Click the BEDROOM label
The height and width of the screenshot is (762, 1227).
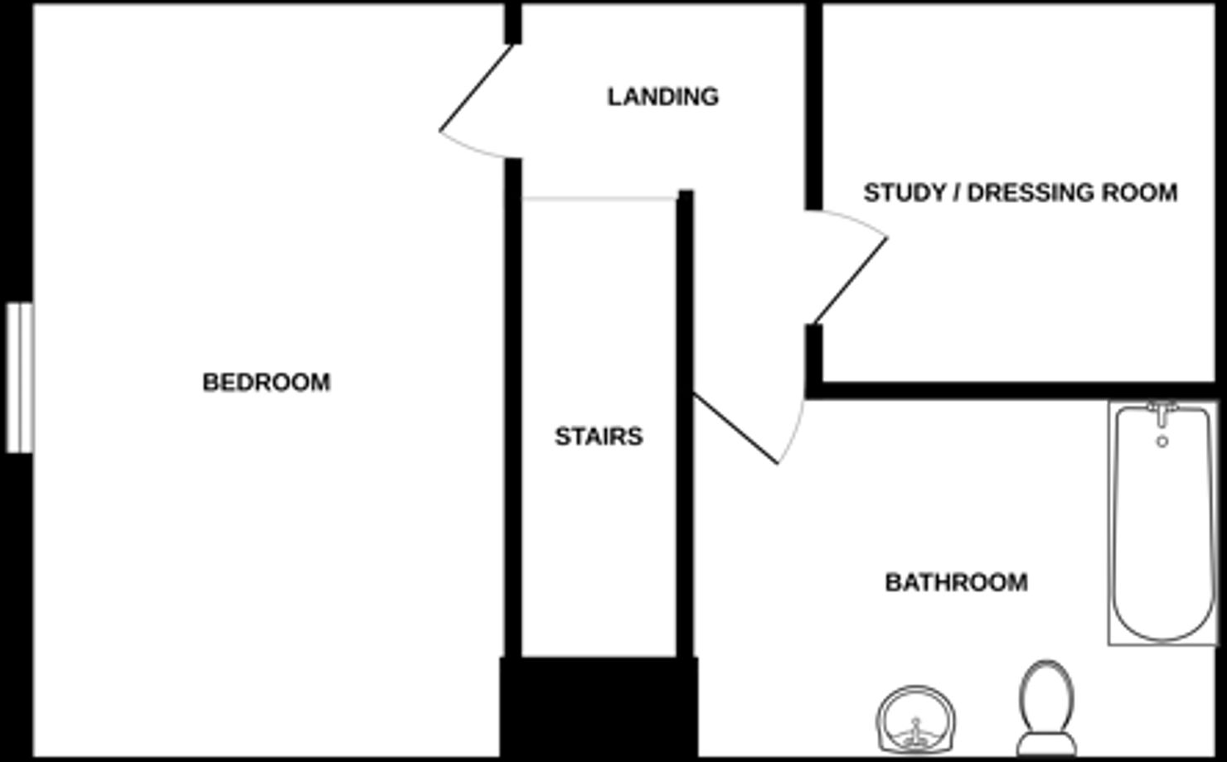266,382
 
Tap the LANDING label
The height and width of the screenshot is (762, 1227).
662,97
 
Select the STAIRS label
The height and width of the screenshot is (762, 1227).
599,436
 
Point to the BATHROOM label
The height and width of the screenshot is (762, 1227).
956,582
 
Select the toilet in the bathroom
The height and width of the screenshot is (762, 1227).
1047,700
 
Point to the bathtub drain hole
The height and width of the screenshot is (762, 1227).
1162,441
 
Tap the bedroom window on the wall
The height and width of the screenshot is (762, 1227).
19,378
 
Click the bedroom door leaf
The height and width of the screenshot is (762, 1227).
477,88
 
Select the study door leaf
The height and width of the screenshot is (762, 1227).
851,280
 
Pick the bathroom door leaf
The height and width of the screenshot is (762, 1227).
735,428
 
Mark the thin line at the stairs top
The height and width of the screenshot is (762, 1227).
599,199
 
